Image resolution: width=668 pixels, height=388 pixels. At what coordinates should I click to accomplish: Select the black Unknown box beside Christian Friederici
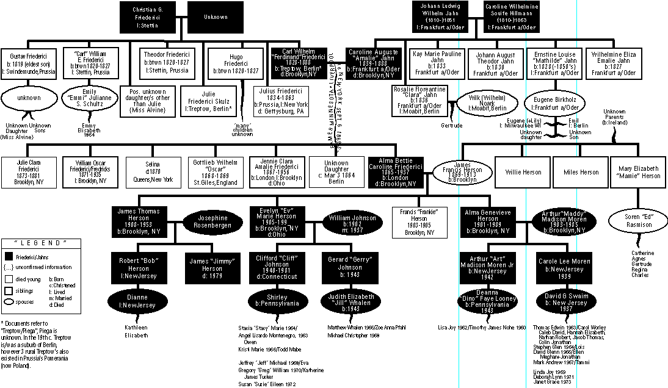click(216, 18)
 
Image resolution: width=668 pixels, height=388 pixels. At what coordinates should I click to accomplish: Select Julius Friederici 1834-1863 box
click(281, 100)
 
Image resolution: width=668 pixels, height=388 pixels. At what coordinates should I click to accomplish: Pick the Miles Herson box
click(581, 172)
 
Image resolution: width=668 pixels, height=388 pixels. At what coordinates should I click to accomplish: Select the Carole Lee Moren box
click(565, 264)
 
